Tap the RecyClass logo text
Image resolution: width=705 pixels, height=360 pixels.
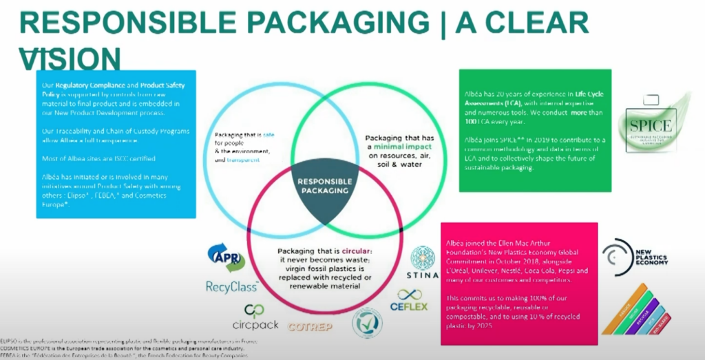[x=231, y=286]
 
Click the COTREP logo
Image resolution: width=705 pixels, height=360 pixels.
[x=312, y=326]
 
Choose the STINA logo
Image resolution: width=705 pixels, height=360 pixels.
[x=422, y=264]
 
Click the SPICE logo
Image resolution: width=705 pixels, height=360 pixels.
[x=652, y=127]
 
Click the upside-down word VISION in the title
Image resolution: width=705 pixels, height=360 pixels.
[x=71, y=59]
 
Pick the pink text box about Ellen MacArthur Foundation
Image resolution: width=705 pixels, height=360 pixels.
[x=518, y=283]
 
